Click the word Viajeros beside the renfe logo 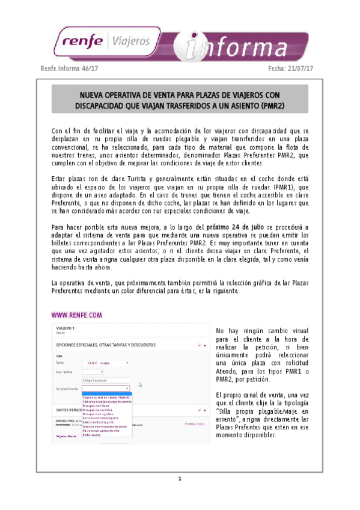(x=129, y=41)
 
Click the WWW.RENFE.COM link (x=76, y=315)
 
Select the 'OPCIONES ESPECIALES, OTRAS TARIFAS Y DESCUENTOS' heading (x=105, y=345)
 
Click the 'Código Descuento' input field (x=106, y=380)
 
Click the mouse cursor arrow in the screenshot (x=140, y=385)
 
